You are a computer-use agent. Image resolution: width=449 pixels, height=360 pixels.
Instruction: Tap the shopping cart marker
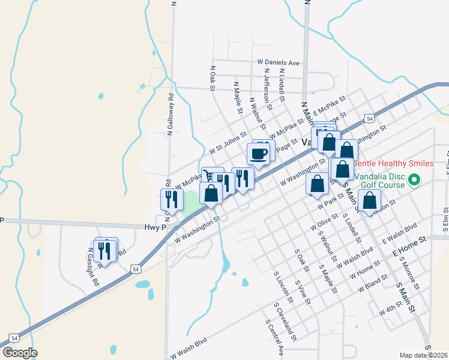(208, 176)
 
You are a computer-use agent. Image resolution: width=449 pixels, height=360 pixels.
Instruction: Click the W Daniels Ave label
(278, 62)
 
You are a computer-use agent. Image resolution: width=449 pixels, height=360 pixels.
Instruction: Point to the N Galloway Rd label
(170, 112)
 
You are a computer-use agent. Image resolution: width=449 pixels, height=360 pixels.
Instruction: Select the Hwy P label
(155, 227)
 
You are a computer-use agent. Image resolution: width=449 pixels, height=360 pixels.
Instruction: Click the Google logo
(20, 353)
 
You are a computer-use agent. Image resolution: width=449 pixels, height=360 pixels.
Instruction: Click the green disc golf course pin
(414, 180)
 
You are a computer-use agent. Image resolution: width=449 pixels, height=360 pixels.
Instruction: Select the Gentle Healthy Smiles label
(393, 163)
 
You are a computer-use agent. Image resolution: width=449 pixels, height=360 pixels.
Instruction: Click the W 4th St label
(390, 310)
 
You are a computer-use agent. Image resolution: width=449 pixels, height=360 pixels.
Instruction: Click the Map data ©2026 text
(424, 355)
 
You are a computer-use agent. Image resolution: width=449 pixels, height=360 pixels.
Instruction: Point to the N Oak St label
(212, 78)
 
